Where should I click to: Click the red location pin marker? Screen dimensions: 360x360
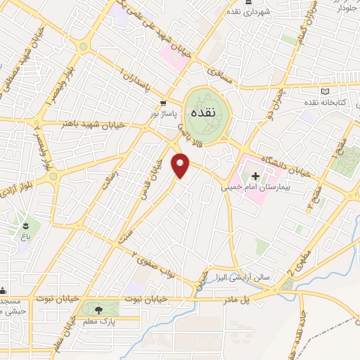tap(181, 165)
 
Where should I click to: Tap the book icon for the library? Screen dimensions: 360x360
tap(324, 91)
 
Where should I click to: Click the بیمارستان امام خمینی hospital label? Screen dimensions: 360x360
tap(255, 188)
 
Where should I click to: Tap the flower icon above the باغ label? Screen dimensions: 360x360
tap(27, 226)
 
